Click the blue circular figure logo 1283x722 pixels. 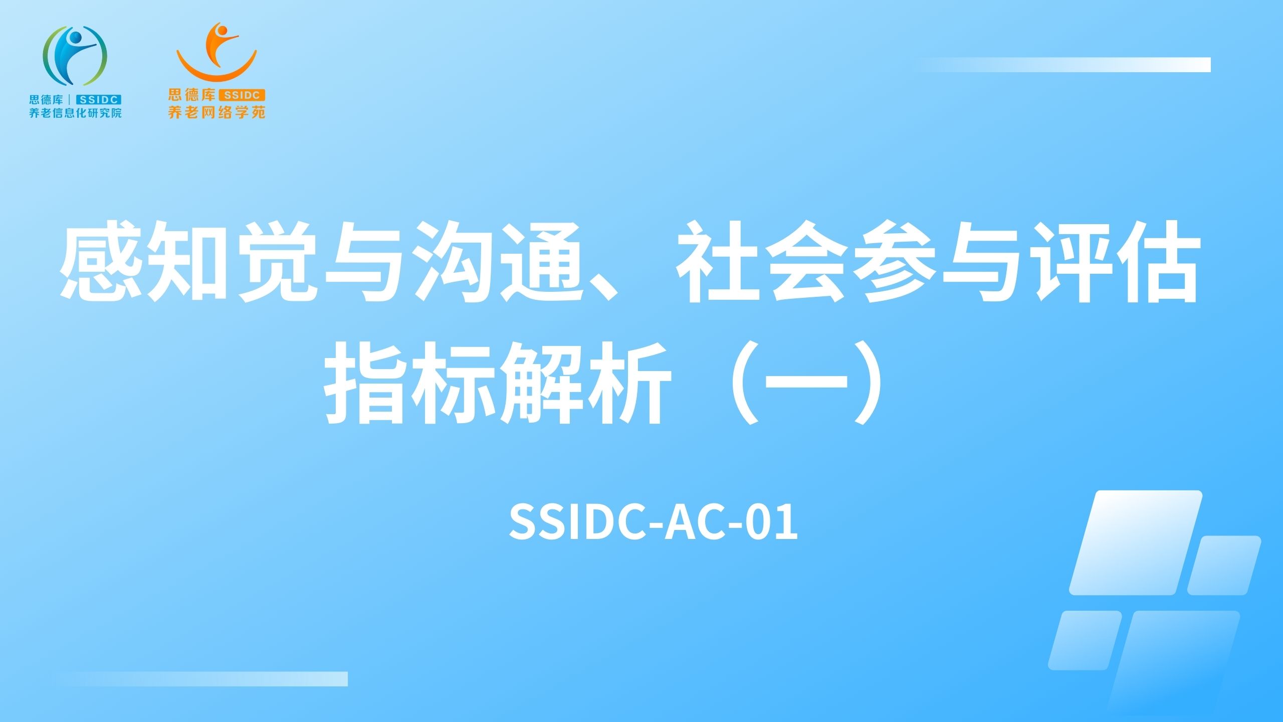75,56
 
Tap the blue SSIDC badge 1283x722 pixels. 98,100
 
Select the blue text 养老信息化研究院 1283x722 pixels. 75,113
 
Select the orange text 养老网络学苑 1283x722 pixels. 217,112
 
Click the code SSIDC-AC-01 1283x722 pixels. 653,522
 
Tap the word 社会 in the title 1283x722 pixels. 764,262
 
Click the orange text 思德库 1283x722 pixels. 192,95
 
